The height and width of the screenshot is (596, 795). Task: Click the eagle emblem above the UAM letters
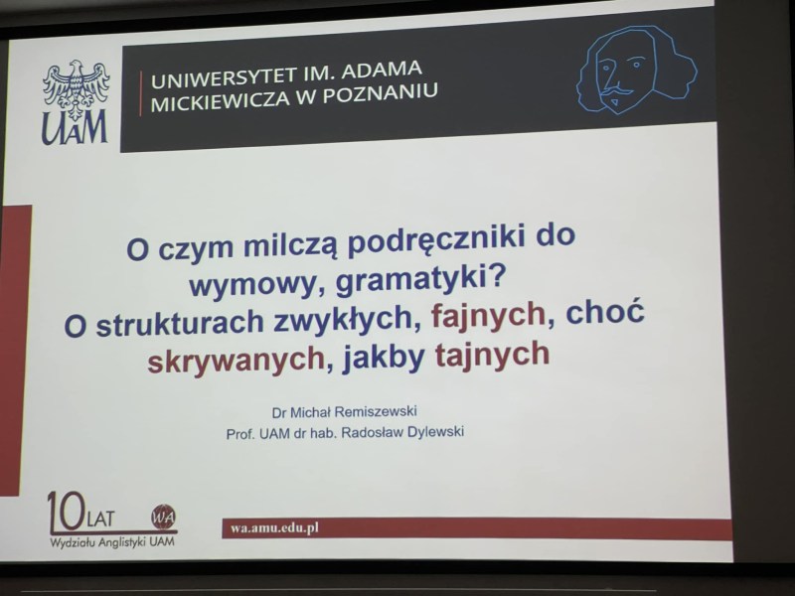(x=77, y=87)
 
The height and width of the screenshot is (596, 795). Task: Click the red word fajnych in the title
(x=488, y=316)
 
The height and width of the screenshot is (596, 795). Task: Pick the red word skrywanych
(x=237, y=361)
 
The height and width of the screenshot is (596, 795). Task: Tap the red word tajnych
(x=492, y=355)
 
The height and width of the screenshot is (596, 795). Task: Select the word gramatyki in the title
(x=414, y=280)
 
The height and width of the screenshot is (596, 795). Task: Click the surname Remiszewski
(x=376, y=411)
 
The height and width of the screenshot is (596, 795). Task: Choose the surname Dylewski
(x=435, y=431)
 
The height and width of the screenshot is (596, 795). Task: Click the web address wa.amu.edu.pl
(x=274, y=528)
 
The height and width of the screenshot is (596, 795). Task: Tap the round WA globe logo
(x=164, y=517)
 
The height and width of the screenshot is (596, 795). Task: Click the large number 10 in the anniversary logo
(x=66, y=512)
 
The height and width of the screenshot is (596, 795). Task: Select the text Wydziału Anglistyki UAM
(x=112, y=541)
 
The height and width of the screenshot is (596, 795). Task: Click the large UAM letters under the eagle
(x=75, y=129)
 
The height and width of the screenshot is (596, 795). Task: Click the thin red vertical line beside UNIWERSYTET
(x=141, y=93)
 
